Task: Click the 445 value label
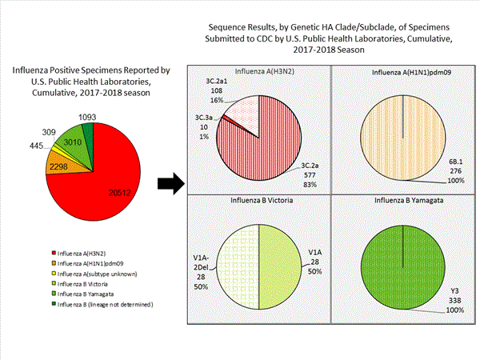tap(35, 145)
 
